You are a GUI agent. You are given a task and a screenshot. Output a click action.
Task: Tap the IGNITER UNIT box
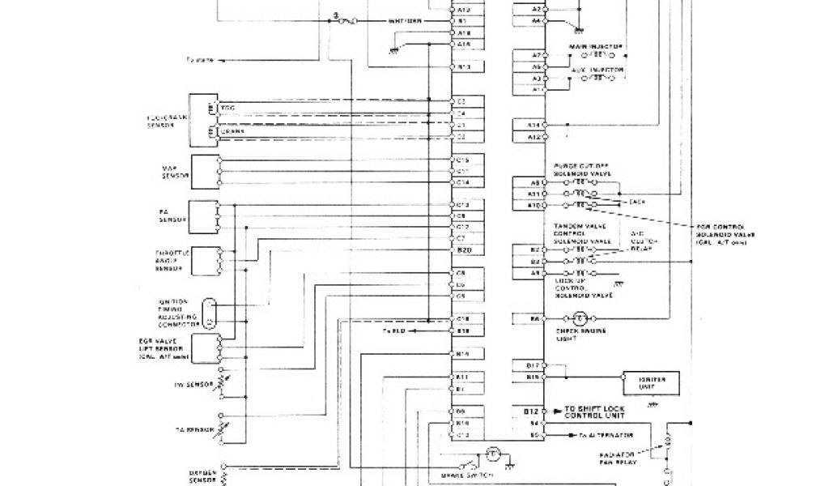point(648,382)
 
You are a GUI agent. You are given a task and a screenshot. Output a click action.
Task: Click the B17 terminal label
point(533,365)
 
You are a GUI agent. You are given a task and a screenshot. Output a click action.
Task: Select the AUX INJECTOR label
point(599,70)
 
